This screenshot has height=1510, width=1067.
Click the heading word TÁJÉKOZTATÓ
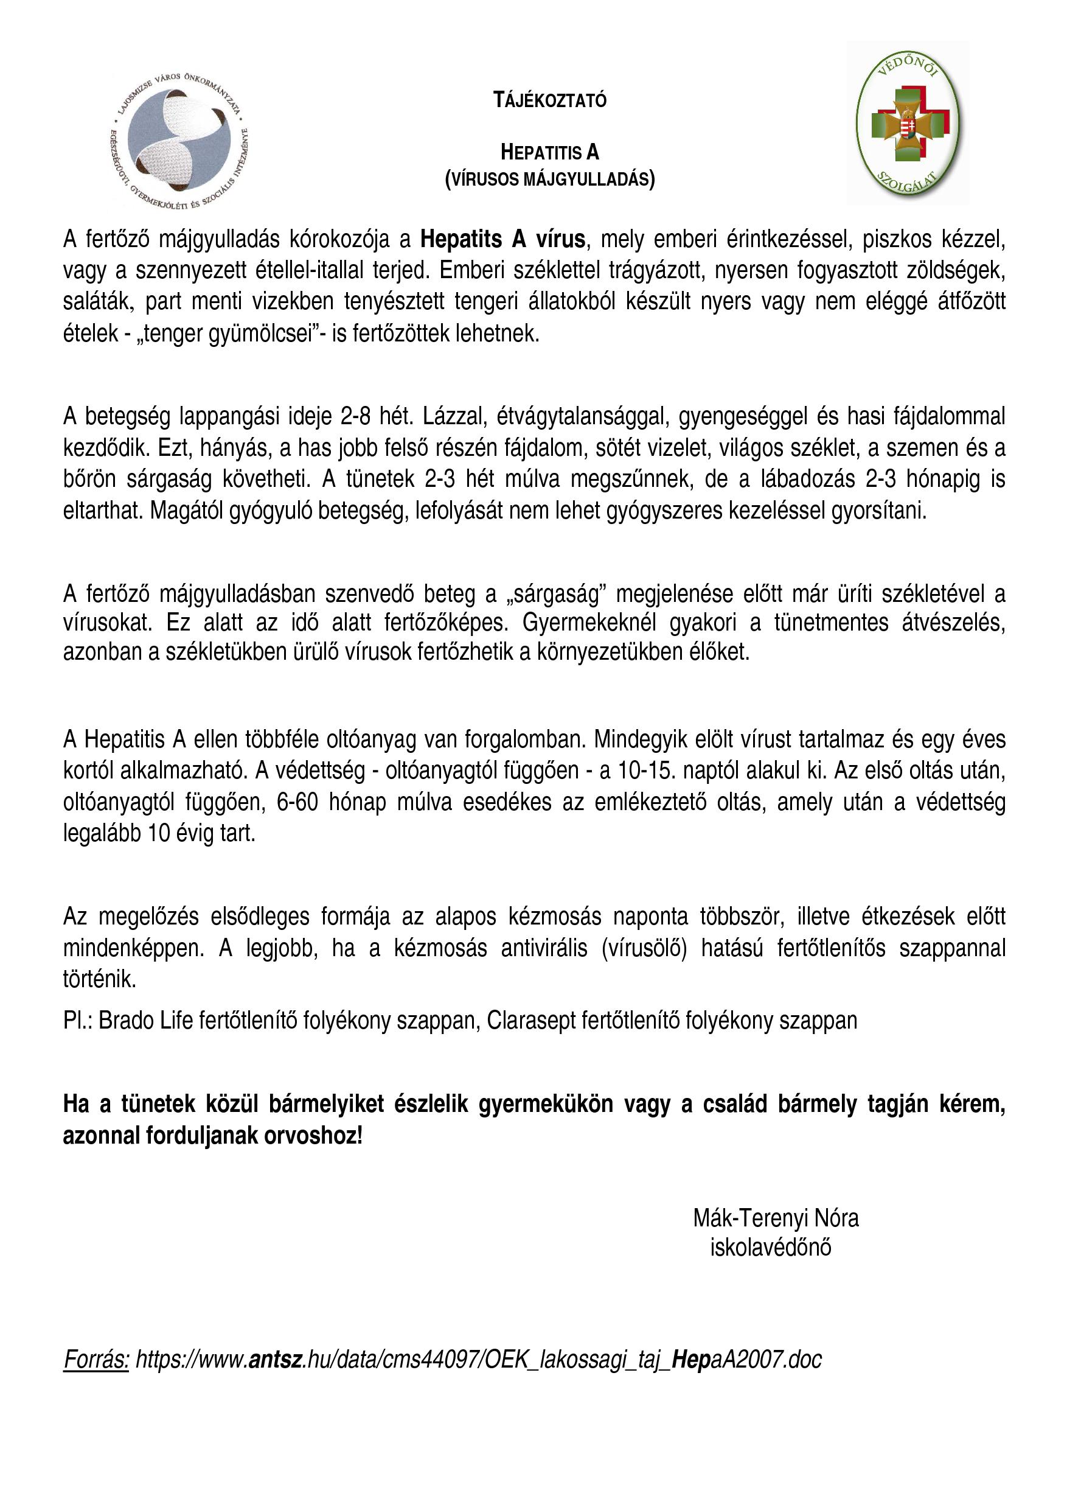549,100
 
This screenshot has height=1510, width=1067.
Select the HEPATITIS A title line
549,153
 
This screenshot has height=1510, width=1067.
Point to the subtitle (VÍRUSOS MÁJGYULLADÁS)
549,179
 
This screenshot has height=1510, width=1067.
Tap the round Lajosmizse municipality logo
179,141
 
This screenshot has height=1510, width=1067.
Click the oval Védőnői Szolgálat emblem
908,123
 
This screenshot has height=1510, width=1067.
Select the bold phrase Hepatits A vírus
502,239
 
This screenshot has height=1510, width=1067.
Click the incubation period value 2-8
355,416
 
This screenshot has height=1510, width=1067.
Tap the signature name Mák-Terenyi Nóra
776,1218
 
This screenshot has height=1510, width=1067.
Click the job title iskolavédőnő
771,1247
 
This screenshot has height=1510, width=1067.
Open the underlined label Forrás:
96,1360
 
